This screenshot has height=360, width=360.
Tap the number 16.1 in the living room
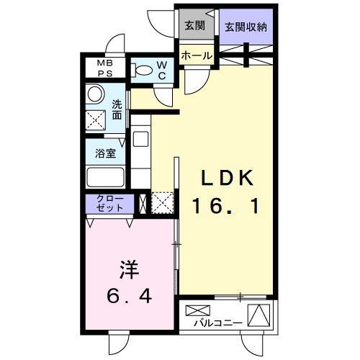pos(225,207)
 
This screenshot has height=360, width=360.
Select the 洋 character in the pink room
pos(127,270)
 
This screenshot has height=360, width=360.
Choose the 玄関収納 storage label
pos(245,27)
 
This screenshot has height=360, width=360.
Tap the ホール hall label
pos(196,55)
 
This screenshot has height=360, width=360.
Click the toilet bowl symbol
pos(144,71)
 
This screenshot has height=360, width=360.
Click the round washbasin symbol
pos(94,94)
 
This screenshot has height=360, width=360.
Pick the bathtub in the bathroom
pos(105,177)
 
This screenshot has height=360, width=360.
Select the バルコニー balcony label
pos(219,323)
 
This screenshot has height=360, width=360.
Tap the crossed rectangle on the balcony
pos(196,311)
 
